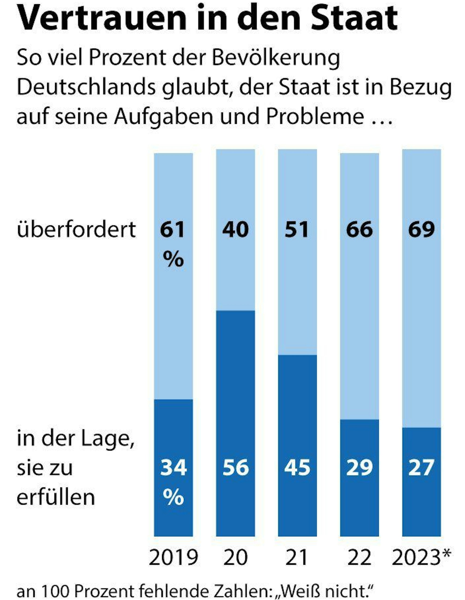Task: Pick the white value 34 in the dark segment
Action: click(173, 467)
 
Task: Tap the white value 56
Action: click(236, 467)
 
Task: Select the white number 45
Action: click(297, 467)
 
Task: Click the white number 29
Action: click(359, 467)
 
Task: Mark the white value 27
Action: click(421, 467)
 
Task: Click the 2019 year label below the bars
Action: click(173, 558)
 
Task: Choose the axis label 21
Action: click(296, 558)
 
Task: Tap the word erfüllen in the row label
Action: click(56, 497)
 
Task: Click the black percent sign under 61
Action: click(173, 259)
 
